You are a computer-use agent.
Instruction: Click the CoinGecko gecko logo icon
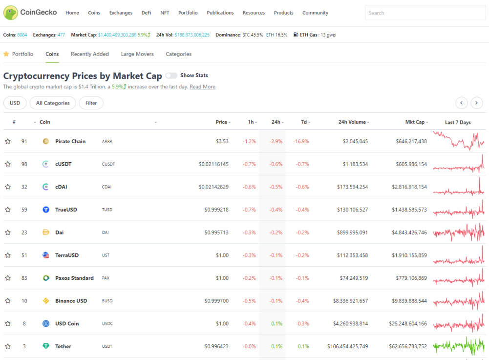[x=11, y=13]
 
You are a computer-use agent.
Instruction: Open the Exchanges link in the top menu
[x=121, y=13]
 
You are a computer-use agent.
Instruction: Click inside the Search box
[x=425, y=13]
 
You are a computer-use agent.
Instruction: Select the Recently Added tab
[x=90, y=54]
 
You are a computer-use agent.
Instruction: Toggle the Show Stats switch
[x=171, y=76]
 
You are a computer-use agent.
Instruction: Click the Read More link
[x=202, y=87]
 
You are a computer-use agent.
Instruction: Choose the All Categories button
[x=53, y=103]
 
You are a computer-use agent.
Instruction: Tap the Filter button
[x=91, y=103]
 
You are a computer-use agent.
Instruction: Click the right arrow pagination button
[x=476, y=103]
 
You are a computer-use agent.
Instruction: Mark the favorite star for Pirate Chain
[x=8, y=141]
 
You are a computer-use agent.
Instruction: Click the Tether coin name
[x=63, y=346]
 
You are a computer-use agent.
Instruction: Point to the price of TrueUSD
[x=216, y=210]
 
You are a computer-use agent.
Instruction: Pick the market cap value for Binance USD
[x=409, y=301]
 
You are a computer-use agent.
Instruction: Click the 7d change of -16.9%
[x=301, y=141]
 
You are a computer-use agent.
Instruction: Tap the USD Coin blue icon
[x=46, y=323]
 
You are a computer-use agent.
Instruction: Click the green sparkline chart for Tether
[x=459, y=346]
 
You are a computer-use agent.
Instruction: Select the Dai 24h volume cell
[x=352, y=233]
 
